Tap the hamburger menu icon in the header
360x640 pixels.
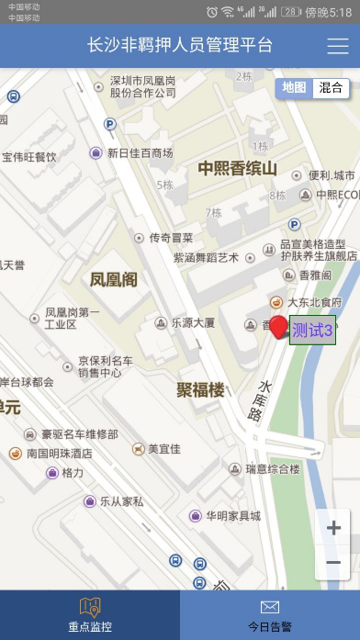[337, 47]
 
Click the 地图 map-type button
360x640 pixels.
[294, 88]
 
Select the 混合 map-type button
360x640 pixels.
[331, 88]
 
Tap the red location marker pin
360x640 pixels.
[278, 327]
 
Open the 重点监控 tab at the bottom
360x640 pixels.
[90, 614]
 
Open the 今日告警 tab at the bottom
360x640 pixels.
[270, 614]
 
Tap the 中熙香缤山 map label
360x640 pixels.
[237, 168]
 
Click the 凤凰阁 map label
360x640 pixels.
[113, 279]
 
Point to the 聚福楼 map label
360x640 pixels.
[200, 390]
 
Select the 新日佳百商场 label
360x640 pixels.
[140, 153]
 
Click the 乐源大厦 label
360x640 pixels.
[192, 323]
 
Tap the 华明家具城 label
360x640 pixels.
[232, 516]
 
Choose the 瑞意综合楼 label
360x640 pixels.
[273, 469]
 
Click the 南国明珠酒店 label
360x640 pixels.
[60, 453]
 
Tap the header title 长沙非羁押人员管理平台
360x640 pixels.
[180, 46]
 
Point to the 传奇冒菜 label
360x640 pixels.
[171, 237]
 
